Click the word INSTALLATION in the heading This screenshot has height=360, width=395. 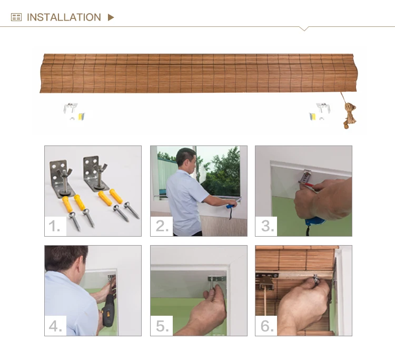pyautogui.click(x=64, y=17)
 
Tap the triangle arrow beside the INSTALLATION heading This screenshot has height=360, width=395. pyautogui.click(x=111, y=17)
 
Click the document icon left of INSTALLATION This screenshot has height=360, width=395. pyautogui.click(x=16, y=17)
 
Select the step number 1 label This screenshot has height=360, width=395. pyautogui.click(x=54, y=226)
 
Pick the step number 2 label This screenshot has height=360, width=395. pyautogui.click(x=162, y=226)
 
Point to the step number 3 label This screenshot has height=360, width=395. pyautogui.click(x=267, y=226)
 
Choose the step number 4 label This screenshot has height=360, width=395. pyautogui.click(x=55, y=326)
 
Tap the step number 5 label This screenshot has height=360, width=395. pyautogui.click(x=162, y=326)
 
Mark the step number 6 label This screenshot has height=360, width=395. pyautogui.click(x=267, y=326)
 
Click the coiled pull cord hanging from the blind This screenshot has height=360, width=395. pyautogui.click(x=350, y=113)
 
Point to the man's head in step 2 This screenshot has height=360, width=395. pyautogui.click(x=186, y=158)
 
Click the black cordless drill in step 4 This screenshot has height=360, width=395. pyautogui.click(x=108, y=310)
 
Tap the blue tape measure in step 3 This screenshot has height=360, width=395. pyautogui.click(x=314, y=221)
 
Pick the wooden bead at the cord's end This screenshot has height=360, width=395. pyautogui.click(x=347, y=125)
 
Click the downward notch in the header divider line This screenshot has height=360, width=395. pyautogui.click(x=304, y=28)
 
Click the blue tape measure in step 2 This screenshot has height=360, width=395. pyautogui.click(x=231, y=206)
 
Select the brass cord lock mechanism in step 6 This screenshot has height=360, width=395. pyautogui.click(x=265, y=283)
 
